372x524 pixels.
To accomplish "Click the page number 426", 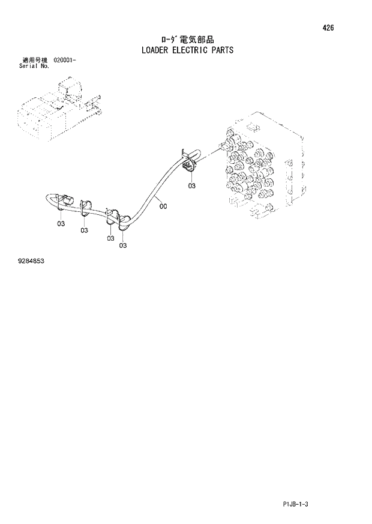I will [328, 28].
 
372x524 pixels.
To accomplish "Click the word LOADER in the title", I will [158, 50].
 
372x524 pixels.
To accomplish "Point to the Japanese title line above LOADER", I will [187, 39].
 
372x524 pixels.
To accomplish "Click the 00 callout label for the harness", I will [163, 206].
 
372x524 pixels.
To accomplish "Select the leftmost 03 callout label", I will [61, 223].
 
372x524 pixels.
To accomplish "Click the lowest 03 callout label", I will [122, 245].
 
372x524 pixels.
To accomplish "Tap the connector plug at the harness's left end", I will [64, 202].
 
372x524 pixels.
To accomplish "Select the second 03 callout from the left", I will [84, 230].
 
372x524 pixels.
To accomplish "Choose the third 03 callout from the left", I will [110, 238].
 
